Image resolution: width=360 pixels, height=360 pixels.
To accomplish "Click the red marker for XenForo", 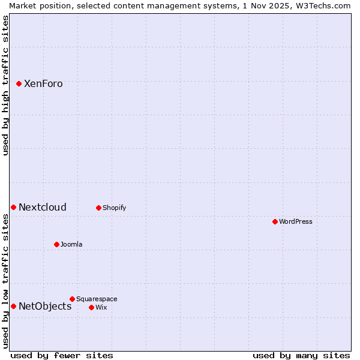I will (19, 83).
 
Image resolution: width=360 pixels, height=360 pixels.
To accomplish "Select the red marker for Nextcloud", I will (13, 207).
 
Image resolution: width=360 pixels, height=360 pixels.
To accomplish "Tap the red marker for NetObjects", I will (13, 306).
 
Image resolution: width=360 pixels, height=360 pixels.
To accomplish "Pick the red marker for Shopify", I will (98, 208).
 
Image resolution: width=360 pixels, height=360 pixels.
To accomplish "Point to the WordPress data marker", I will (275, 221).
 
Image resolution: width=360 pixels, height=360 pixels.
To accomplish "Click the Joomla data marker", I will (56, 244).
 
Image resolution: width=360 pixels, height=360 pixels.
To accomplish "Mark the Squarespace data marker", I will (72, 299).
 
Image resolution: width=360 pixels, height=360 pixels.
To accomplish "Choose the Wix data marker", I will (91, 307).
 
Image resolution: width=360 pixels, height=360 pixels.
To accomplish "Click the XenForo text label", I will (43, 84).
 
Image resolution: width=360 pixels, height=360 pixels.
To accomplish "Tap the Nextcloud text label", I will (43, 208).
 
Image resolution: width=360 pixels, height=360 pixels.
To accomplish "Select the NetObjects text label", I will (45, 307).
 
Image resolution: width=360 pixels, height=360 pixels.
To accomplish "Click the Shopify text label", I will (114, 208).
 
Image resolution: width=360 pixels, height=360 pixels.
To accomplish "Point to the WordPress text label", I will (296, 222).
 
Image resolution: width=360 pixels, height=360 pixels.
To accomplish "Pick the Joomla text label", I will (71, 245).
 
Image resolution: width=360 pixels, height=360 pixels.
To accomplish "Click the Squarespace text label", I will (97, 299).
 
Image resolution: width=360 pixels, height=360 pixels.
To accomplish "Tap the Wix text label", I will (101, 308).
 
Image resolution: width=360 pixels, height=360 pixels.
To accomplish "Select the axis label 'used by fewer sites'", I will (62, 355).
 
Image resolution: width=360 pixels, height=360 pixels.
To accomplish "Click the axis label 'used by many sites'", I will (301, 355).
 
